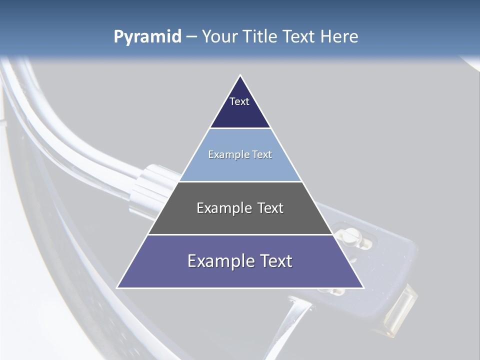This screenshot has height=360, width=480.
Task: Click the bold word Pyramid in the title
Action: coord(147,37)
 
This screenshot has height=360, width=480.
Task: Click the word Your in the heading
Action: coord(220,37)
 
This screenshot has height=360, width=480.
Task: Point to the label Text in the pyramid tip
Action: coord(239,101)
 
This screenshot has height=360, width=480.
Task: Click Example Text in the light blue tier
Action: coord(240,154)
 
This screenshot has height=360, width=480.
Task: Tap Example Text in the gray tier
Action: coord(240,208)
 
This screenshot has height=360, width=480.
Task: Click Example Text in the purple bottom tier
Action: coord(240,261)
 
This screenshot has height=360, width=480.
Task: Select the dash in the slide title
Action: coord(191,37)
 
